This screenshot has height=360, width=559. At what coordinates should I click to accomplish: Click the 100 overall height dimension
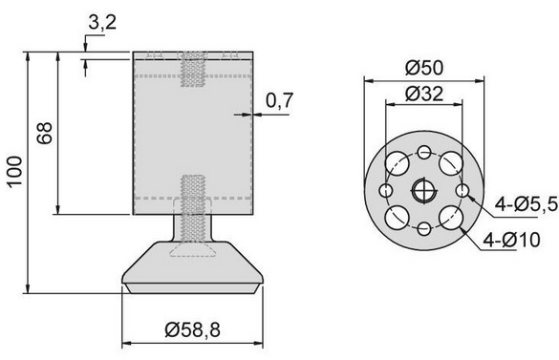13,173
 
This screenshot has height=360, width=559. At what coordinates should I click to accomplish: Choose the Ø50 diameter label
422,69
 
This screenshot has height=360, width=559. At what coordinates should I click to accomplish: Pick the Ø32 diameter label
422,94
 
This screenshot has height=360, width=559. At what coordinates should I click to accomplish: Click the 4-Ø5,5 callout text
520,202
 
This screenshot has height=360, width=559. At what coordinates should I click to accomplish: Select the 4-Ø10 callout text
517,239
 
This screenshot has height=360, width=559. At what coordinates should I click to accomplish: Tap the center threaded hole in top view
422,191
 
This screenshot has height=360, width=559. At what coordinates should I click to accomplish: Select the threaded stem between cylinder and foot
192,229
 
